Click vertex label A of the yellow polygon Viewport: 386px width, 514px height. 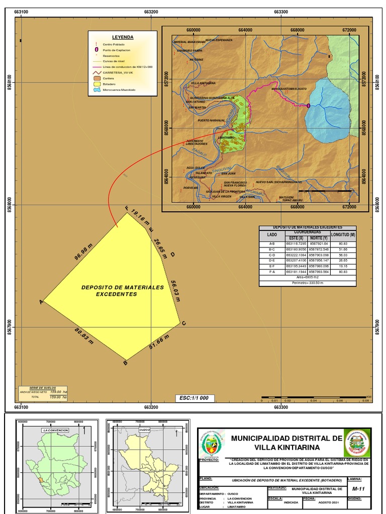(41, 302)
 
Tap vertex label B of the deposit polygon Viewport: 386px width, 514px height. (125, 364)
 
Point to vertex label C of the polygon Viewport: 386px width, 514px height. (184, 323)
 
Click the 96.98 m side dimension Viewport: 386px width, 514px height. (84, 250)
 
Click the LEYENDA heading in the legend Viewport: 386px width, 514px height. (122, 38)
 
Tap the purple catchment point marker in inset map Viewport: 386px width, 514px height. (308, 105)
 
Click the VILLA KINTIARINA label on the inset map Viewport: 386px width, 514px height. (204, 83)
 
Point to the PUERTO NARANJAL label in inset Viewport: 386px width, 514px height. (211, 120)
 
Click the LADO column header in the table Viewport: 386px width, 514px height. (272, 235)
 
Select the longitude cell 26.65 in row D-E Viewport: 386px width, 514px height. (343, 261)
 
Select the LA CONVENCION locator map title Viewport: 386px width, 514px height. (56, 430)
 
